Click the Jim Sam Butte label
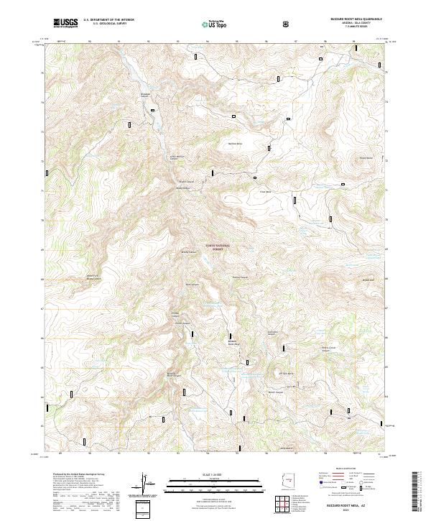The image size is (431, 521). click(282, 374)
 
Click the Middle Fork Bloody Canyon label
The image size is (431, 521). click(93, 276)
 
